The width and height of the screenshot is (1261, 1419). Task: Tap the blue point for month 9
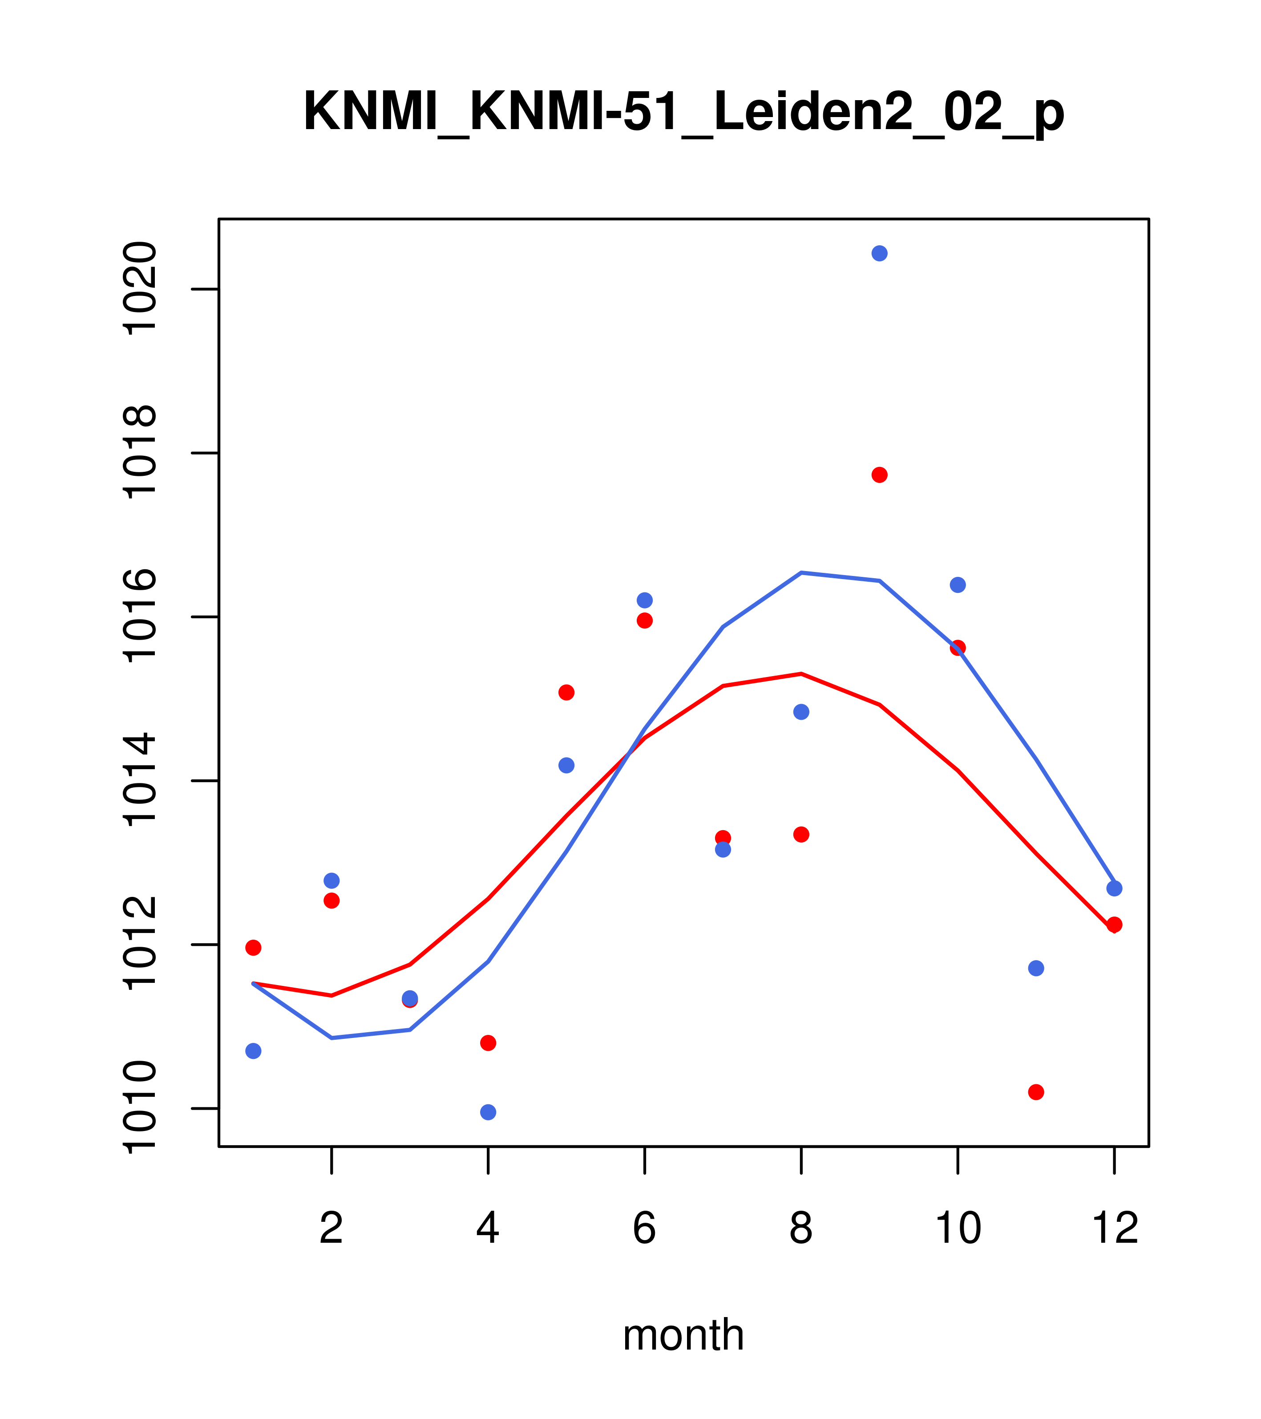pyautogui.click(x=879, y=253)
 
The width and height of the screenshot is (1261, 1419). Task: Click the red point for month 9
pyautogui.click(x=879, y=475)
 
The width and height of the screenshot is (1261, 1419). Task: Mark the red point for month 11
pyautogui.click(x=1036, y=1092)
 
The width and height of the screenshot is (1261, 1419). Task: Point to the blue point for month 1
pyautogui.click(x=253, y=1051)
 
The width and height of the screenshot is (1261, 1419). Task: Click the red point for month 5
pyautogui.click(x=566, y=692)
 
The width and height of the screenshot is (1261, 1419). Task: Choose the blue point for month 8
pyautogui.click(x=801, y=712)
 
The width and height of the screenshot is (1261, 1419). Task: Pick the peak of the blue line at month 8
pyautogui.click(x=801, y=573)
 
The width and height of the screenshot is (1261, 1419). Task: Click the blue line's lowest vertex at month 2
pyautogui.click(x=332, y=1038)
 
